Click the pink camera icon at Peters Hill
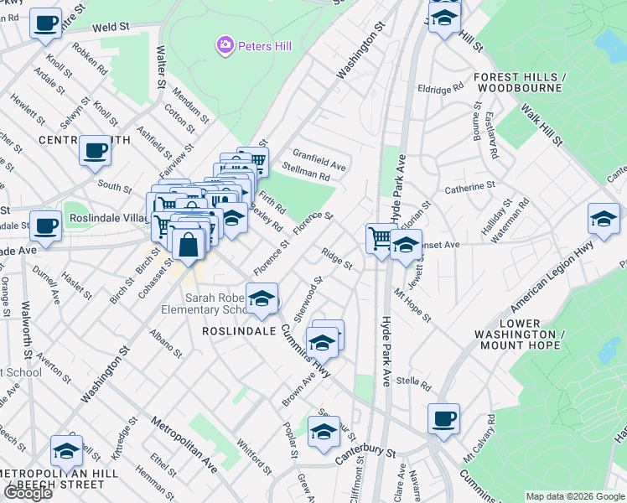(x=225, y=45)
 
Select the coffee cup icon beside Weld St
(x=46, y=23)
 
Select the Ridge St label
(x=337, y=258)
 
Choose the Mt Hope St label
(x=413, y=306)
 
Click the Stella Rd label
(x=414, y=386)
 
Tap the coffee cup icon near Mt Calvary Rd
(x=443, y=417)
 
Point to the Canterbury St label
(x=365, y=454)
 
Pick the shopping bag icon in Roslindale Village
(x=189, y=244)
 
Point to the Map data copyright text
(x=575, y=496)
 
